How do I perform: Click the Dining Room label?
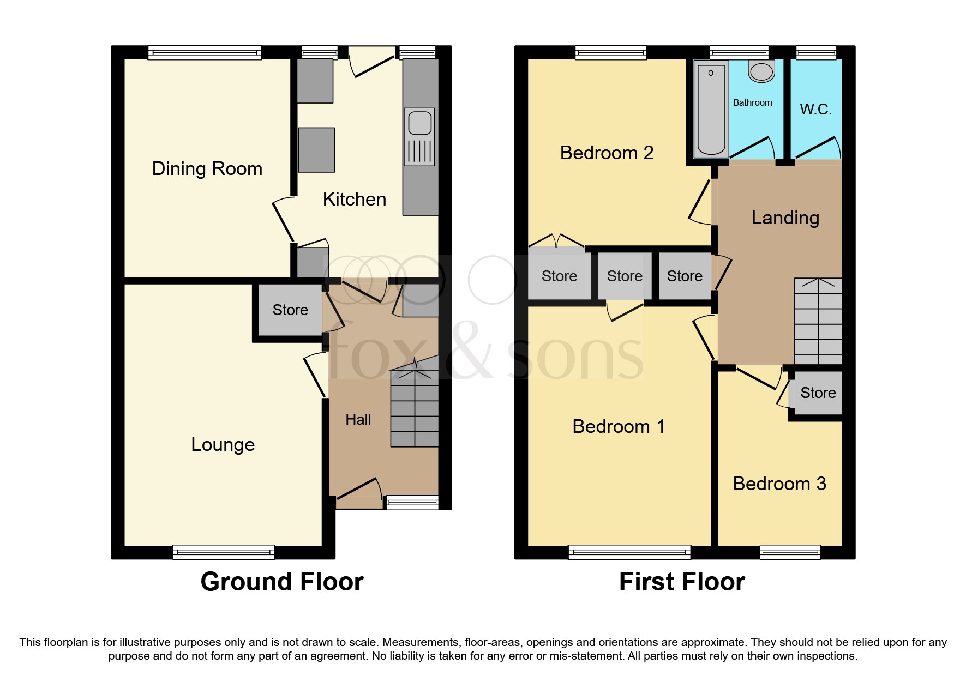coord(207,168)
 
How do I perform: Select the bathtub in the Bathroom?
coord(711,109)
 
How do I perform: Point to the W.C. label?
coord(815,110)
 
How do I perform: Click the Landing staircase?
coord(818,322)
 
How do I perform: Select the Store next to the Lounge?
coord(290,310)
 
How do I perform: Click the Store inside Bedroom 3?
coord(818,393)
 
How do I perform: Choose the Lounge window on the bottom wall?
coord(224,552)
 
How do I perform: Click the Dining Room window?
coord(205,53)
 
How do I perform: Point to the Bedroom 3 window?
coord(790,552)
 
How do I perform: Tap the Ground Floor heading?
coord(282,582)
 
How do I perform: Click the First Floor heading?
coord(682,582)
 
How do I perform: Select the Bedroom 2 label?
coord(607,153)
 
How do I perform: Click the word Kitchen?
coord(355,199)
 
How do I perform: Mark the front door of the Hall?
coord(358,493)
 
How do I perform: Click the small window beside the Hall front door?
coord(412,502)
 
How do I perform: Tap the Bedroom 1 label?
coord(619,426)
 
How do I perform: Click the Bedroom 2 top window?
coord(611,53)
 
